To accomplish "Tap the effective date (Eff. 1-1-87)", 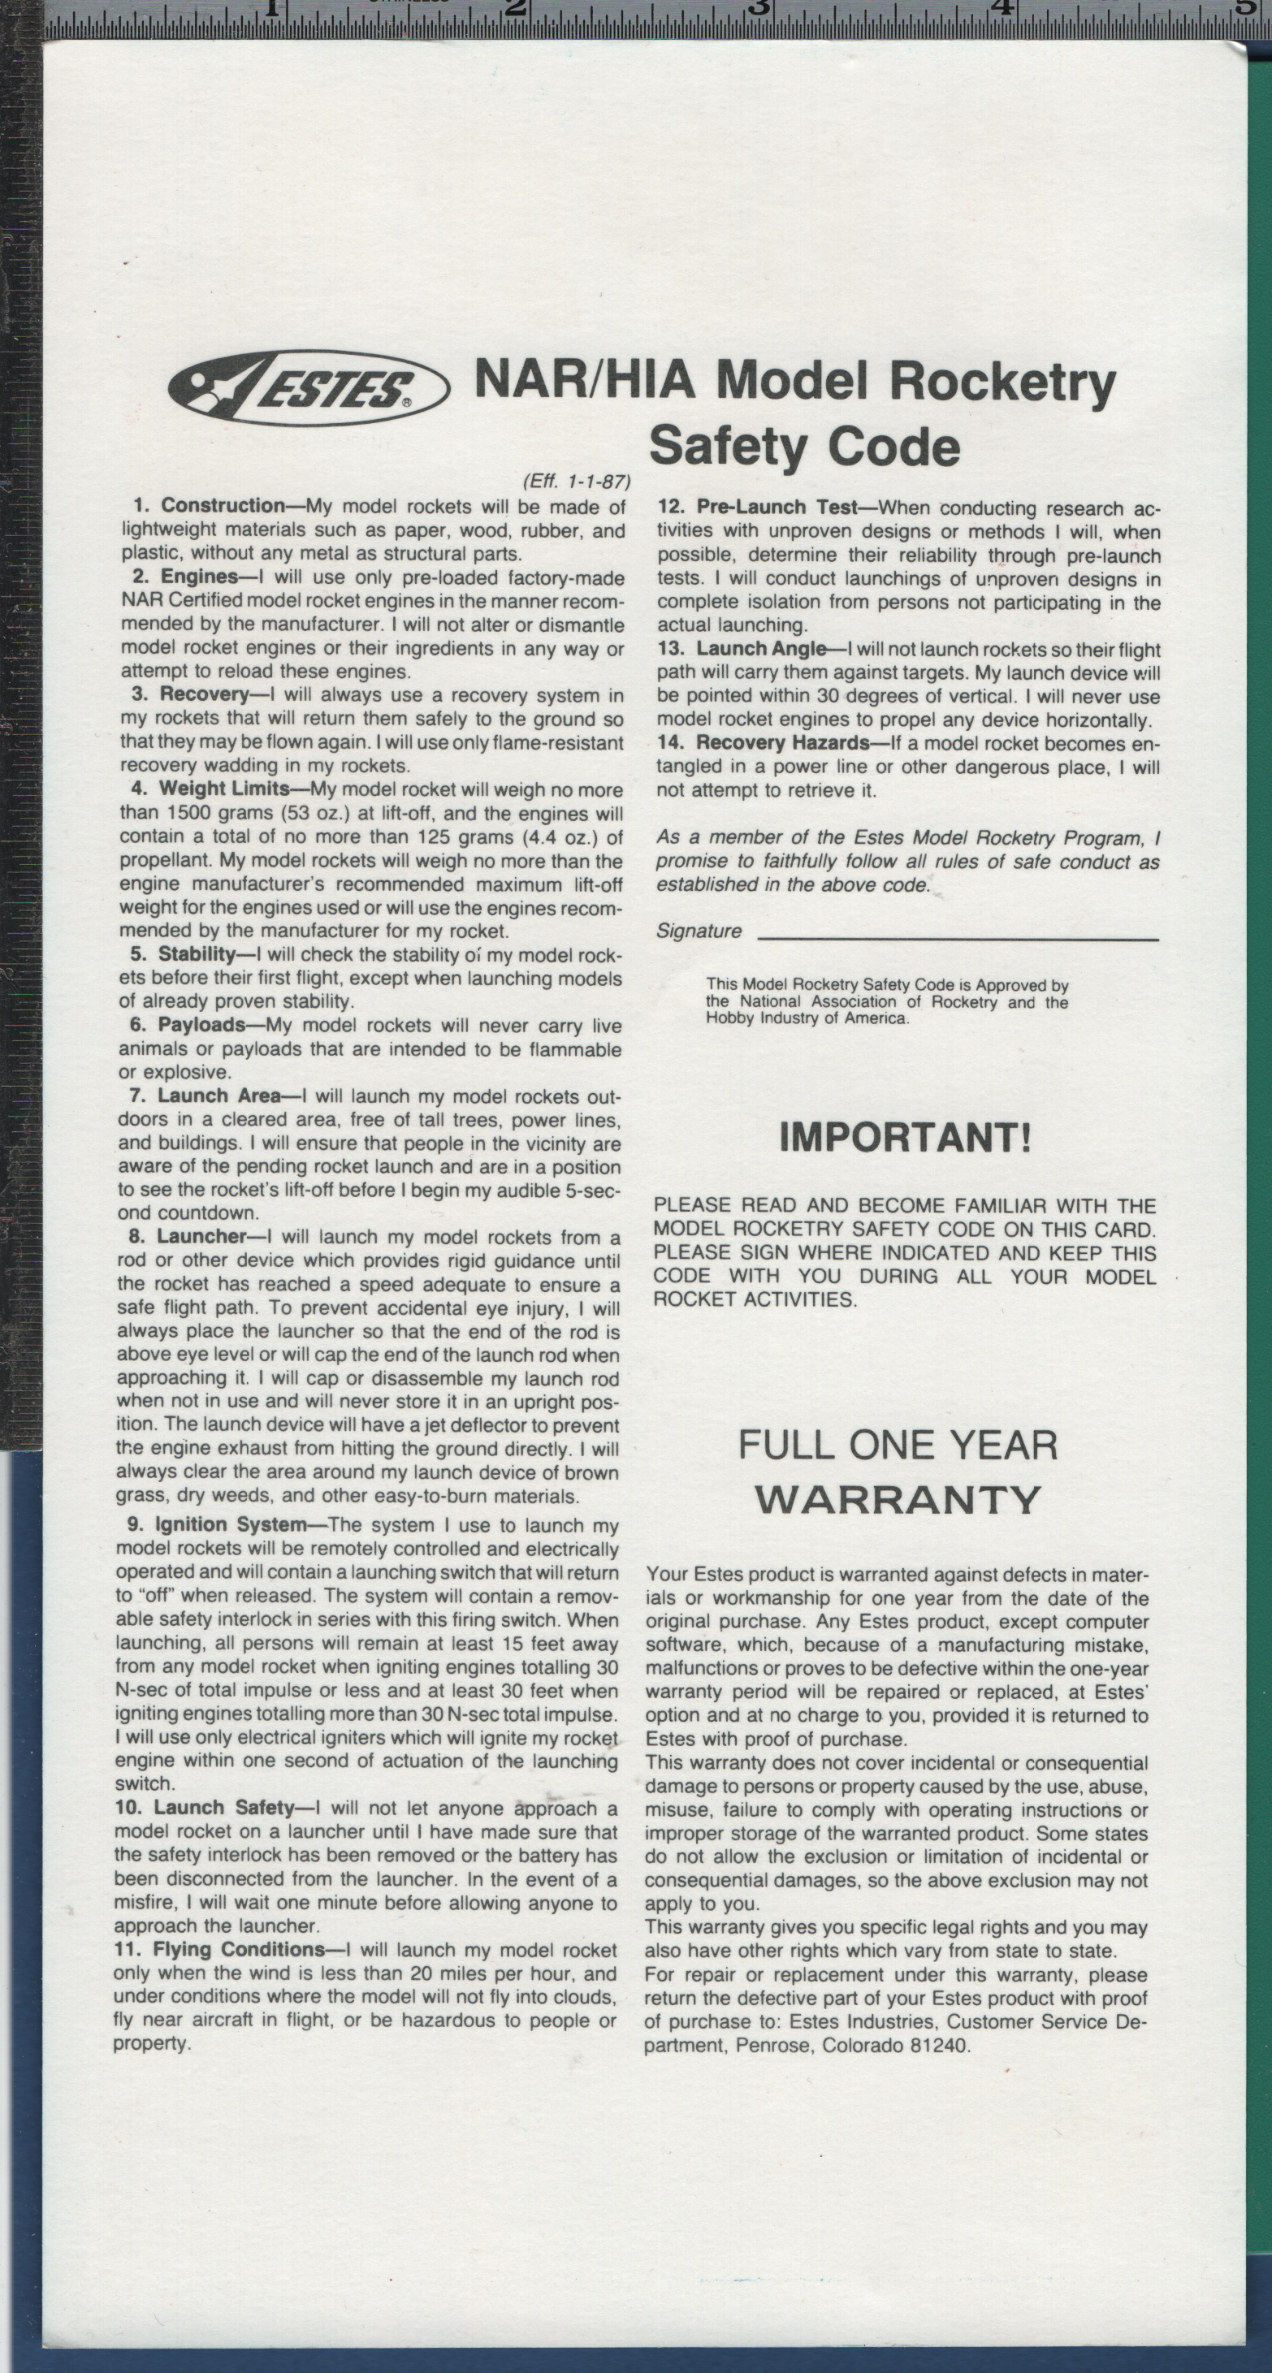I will coord(576,481).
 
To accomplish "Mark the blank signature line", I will coord(958,939).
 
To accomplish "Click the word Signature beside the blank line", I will coord(699,931).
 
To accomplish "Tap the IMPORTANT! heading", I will coord(906,1138).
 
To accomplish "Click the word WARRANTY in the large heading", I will coord(898,1500).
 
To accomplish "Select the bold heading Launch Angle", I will coord(761,650).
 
